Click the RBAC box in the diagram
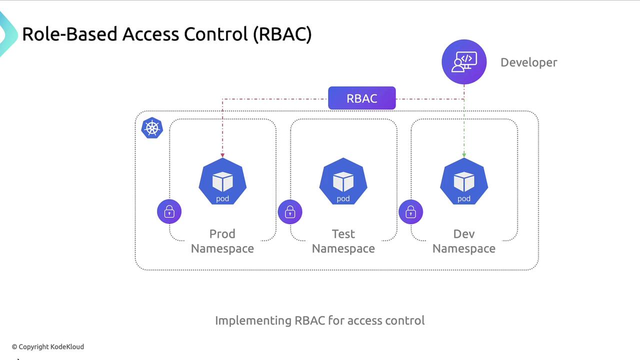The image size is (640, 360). [x=361, y=98]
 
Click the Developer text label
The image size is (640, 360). [x=528, y=62]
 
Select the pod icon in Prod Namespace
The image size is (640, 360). [x=222, y=181]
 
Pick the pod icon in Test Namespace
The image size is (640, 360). [x=343, y=181]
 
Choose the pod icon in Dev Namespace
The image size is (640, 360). [x=464, y=181]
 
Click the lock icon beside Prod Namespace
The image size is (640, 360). [x=169, y=212]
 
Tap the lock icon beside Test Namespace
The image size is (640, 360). [x=290, y=212]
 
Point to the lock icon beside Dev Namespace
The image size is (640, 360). [x=410, y=212]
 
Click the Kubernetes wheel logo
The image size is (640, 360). [x=152, y=128]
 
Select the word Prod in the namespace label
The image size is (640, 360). [x=222, y=234]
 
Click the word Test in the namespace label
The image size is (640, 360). [x=343, y=234]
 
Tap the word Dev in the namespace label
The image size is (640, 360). [x=464, y=234]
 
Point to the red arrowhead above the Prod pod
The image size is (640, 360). [x=222, y=155]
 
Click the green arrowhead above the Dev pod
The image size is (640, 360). [x=464, y=155]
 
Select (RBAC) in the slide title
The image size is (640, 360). [x=282, y=34]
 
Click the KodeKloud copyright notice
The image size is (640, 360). [x=48, y=346]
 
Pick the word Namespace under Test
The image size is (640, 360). [x=343, y=248]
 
